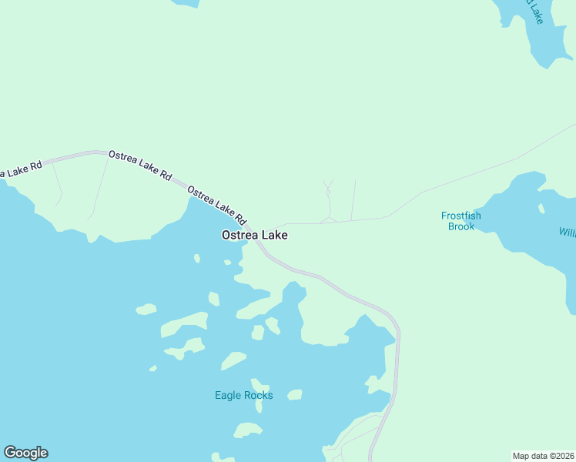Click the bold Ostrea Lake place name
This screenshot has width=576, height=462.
pyautogui.click(x=255, y=235)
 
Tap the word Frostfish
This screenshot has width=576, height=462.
pyautogui.click(x=460, y=216)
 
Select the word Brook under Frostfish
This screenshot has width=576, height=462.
pyautogui.click(x=460, y=226)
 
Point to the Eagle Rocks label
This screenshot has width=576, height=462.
pyautogui.click(x=243, y=395)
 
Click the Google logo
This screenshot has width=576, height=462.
pyautogui.click(x=25, y=453)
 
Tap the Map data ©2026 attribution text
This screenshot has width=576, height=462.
pyautogui.click(x=543, y=456)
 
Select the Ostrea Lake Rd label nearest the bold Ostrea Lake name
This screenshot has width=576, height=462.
pyautogui.click(x=216, y=203)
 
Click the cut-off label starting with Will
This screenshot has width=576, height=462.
pyautogui.click(x=567, y=232)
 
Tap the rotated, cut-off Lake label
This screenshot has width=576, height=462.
pyautogui.click(x=537, y=11)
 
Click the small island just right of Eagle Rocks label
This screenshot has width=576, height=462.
pyautogui.click(x=294, y=394)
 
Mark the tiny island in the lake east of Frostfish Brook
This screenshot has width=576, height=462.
pyautogui.click(x=541, y=208)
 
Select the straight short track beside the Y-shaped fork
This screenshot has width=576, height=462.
pyautogui.click(x=353, y=200)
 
